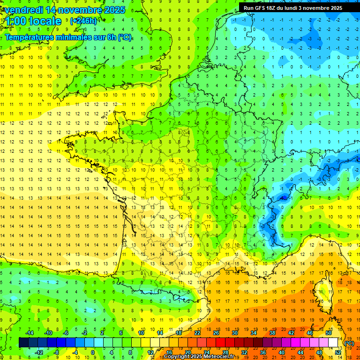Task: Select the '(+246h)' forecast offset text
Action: [83, 21]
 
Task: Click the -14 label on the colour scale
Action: [30, 333]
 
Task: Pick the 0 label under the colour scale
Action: [93, 352]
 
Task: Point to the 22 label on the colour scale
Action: [197, 333]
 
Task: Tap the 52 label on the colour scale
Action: [338, 352]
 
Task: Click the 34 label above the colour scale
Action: [254, 333]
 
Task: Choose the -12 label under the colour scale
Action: [39, 352]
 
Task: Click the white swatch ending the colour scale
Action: [333, 343]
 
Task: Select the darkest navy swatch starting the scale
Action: [23, 343]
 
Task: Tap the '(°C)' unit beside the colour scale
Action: [349, 343]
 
